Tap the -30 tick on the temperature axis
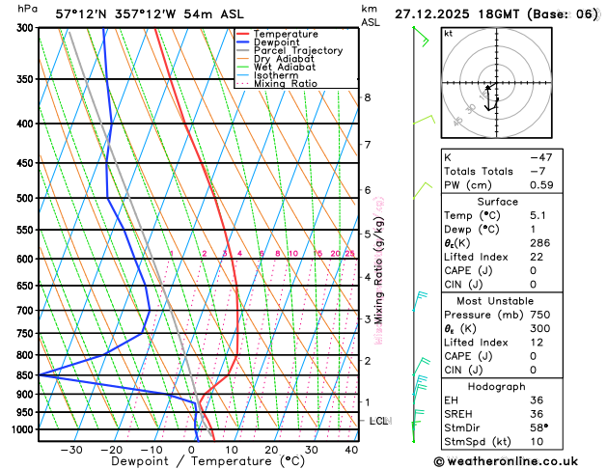(x=71, y=450)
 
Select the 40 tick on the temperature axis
(x=351, y=450)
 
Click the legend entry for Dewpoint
(x=275, y=42)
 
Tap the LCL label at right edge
(x=379, y=422)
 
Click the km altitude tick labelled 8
(x=367, y=97)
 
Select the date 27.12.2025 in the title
(x=444, y=14)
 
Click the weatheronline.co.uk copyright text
(x=518, y=461)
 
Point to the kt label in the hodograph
(x=448, y=33)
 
